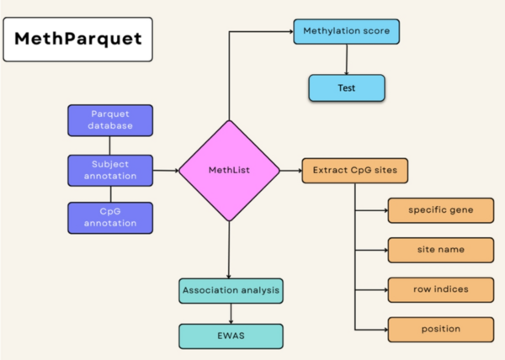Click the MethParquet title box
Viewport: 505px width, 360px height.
click(77, 40)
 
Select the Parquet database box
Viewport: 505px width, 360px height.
click(110, 120)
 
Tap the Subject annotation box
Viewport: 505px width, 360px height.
click(110, 170)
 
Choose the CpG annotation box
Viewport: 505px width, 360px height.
click(110, 217)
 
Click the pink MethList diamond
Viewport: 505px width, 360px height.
click(228, 171)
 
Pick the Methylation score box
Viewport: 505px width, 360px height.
click(346, 33)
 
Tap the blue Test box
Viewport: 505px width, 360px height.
click(346, 87)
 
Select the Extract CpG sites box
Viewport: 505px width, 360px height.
click(355, 171)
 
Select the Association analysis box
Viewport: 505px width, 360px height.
click(229, 292)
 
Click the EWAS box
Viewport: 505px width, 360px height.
click(229, 335)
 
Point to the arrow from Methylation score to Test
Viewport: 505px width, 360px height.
click(346, 60)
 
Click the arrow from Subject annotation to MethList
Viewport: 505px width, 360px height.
click(166, 171)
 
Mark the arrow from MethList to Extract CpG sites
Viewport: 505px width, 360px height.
click(289, 171)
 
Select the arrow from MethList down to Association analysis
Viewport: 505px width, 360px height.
click(228, 250)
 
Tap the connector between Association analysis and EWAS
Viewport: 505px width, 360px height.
click(229, 313)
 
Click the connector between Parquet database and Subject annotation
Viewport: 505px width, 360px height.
click(110, 146)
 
